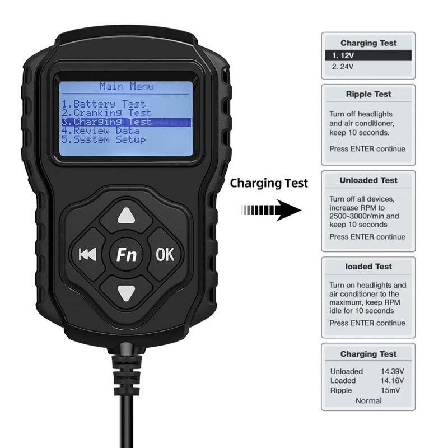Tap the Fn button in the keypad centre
pos(127,254)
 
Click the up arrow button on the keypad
pos(127,216)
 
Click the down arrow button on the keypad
pos(127,292)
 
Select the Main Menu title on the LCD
pos(127,86)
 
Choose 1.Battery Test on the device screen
pos(104,104)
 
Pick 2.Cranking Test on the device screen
pos(106,113)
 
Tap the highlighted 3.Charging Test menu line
pos(127,122)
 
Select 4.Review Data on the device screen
pos(101,131)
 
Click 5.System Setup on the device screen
pos(104,139)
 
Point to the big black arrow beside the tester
pos(271,211)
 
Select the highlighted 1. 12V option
pos(368,55)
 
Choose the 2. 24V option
pos(343,67)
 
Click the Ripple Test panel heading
pos(368,94)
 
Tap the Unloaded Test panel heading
pos(368,180)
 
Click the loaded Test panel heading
pos(368,267)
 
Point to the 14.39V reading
pos(393,371)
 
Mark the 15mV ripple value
pos(390,390)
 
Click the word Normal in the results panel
pos(368,401)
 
